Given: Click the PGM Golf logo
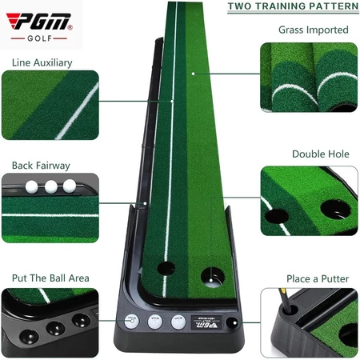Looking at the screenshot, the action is click(x=39, y=27).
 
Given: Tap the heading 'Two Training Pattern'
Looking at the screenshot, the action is click(x=293, y=6).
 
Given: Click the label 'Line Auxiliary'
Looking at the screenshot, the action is click(x=42, y=63).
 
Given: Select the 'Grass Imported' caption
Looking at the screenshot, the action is click(x=314, y=30).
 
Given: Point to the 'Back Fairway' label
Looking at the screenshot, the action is click(x=41, y=166).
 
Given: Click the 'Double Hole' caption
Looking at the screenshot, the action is click(x=321, y=154).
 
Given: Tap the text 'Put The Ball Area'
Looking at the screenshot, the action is click(x=50, y=278).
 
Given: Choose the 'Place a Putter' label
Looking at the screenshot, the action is click(x=318, y=279).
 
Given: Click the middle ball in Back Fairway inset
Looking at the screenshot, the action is click(x=51, y=186).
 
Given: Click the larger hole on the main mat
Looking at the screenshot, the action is click(x=213, y=278).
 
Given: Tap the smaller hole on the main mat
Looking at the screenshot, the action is click(x=166, y=268).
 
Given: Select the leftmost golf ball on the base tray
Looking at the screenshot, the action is click(x=132, y=322).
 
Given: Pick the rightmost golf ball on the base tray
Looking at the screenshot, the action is click(x=178, y=322).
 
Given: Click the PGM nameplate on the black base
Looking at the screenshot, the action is click(x=206, y=322).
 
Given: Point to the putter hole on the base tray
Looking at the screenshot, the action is click(x=231, y=322).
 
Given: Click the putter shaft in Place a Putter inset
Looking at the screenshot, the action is click(x=284, y=300).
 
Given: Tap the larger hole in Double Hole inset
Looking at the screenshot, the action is click(x=335, y=209).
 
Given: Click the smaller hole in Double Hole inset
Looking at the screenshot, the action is click(x=277, y=216).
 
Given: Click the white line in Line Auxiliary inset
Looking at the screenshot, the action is click(x=77, y=111).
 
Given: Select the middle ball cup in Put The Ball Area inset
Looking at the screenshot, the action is click(x=55, y=329).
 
